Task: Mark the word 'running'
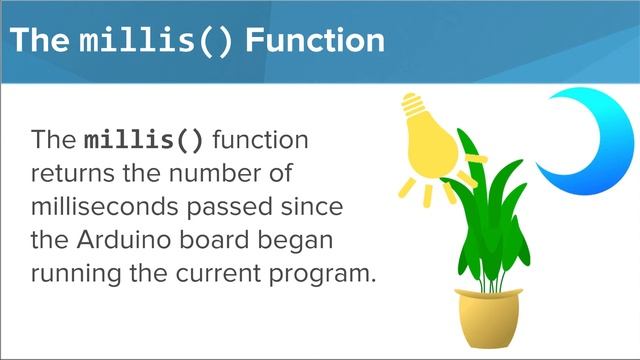pos(74,274)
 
